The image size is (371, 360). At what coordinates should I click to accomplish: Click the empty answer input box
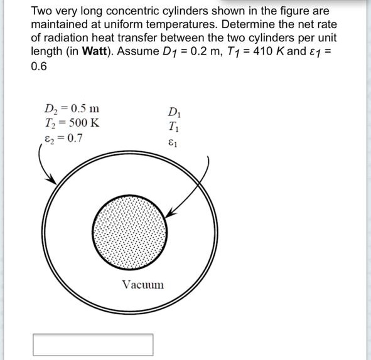tap(93, 344)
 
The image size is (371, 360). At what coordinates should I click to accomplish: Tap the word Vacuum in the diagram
tap(142, 285)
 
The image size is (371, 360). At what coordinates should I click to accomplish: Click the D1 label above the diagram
tap(175, 114)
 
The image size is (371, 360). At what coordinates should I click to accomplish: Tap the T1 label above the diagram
tap(175, 127)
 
